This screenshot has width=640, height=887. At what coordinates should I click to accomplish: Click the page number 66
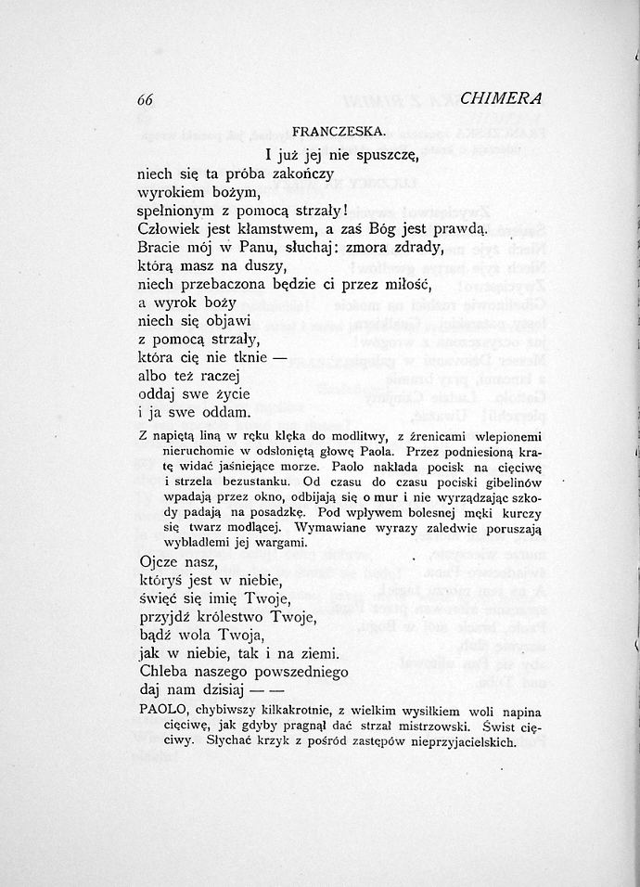click(145, 99)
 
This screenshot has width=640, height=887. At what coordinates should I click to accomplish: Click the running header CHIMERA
click(501, 98)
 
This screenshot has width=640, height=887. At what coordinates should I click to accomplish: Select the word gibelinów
click(506, 482)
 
